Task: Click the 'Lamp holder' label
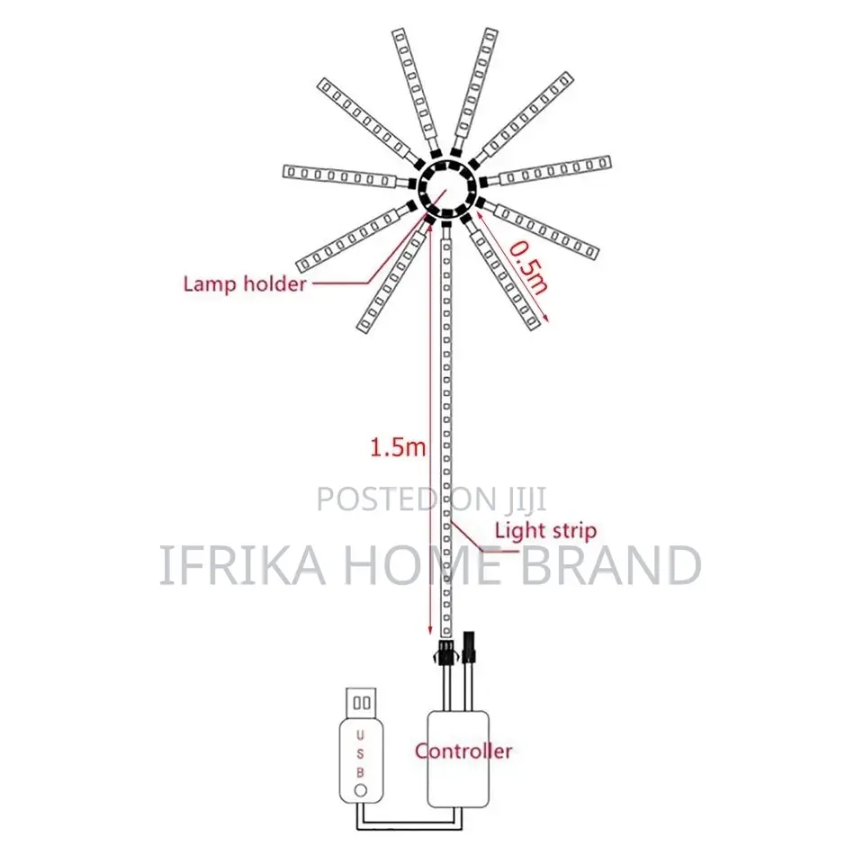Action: click(x=244, y=284)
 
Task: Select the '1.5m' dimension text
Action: click(x=397, y=447)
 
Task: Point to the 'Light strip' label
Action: click(x=545, y=531)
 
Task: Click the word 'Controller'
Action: click(x=463, y=751)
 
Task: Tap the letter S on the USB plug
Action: click(x=360, y=754)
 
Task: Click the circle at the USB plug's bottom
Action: click(x=360, y=790)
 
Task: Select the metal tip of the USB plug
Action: click(x=361, y=703)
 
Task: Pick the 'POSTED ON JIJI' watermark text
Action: click(x=431, y=499)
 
